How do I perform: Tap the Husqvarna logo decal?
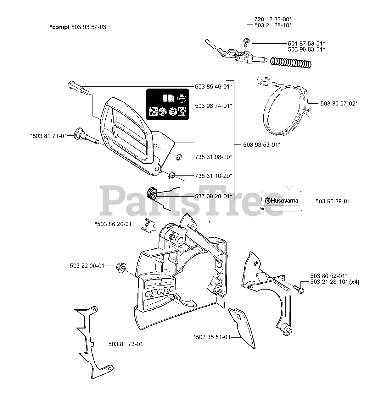[x=282, y=201]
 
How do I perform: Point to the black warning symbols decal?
[x=167, y=105]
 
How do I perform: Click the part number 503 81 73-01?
[x=126, y=344]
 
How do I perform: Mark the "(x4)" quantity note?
[x=355, y=282]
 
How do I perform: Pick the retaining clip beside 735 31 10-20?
[x=172, y=175]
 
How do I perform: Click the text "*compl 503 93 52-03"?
[x=78, y=27]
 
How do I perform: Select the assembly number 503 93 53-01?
[x=262, y=144]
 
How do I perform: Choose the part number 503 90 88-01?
[x=333, y=201]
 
